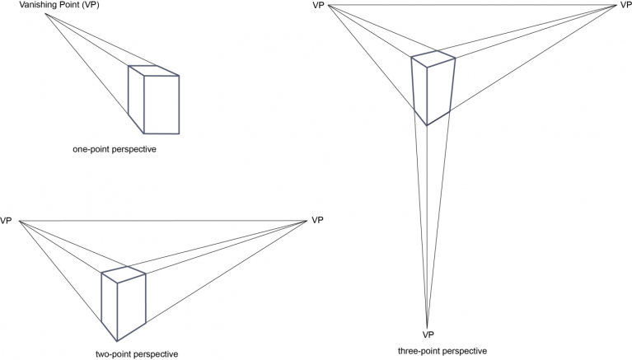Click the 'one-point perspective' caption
(x=114, y=149)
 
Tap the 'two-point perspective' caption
(x=136, y=353)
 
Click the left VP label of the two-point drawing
(x=7, y=221)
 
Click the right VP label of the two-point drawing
(x=317, y=220)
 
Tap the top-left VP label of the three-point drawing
(x=319, y=7)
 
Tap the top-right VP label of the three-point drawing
(x=625, y=6)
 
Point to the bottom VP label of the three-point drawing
(x=428, y=334)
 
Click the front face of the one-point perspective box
(x=162, y=105)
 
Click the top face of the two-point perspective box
(x=124, y=274)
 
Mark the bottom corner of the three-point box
(x=427, y=124)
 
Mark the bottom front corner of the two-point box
(x=118, y=339)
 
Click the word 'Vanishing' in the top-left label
(x=27, y=7)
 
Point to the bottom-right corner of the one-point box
(x=178, y=133)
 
